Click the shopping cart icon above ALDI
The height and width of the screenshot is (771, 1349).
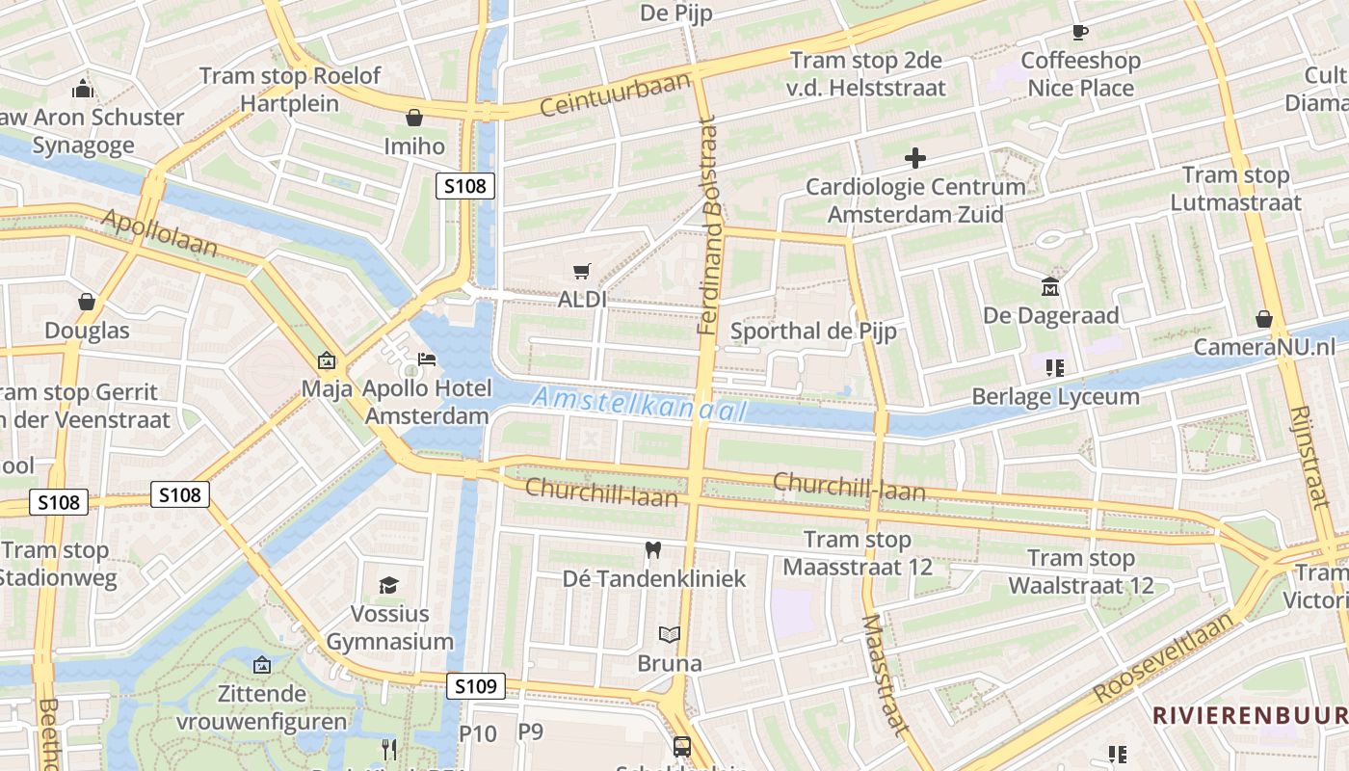(x=581, y=272)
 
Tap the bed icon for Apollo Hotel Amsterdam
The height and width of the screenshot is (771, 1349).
(x=427, y=359)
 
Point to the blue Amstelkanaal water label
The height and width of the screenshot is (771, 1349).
(x=640, y=404)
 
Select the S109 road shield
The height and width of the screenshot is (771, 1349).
(x=476, y=686)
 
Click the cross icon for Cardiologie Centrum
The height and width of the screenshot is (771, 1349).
(x=915, y=157)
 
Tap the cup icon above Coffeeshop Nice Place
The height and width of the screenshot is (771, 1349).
(x=1080, y=32)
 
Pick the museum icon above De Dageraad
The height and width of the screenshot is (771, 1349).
(x=1050, y=286)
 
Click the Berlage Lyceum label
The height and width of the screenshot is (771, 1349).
(x=1055, y=396)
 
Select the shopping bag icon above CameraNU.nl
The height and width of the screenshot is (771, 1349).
(x=1263, y=319)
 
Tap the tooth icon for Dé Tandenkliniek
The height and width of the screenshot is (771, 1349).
(x=653, y=550)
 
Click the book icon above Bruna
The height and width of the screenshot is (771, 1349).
(x=669, y=634)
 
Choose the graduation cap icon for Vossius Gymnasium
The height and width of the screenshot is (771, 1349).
(x=388, y=585)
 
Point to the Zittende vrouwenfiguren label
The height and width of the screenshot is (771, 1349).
(x=262, y=707)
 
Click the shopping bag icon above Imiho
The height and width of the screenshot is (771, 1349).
(x=414, y=118)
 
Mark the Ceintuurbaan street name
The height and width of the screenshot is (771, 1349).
(x=616, y=94)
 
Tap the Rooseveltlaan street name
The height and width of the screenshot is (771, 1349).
(x=1164, y=661)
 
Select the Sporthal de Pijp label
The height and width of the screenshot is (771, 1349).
(x=813, y=332)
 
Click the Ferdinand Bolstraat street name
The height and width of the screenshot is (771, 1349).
(x=710, y=226)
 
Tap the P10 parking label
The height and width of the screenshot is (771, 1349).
(x=477, y=733)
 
